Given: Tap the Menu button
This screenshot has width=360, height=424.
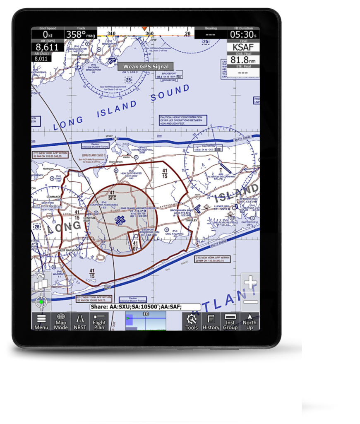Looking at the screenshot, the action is tap(41, 321).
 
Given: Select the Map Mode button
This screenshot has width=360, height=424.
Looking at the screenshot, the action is tap(61, 321).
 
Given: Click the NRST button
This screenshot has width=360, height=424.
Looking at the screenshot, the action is tap(80, 321).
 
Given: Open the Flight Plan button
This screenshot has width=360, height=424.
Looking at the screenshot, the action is tap(99, 321).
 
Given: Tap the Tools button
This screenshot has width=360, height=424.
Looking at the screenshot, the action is tap(192, 321).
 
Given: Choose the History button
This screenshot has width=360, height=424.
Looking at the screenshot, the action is tap(211, 321).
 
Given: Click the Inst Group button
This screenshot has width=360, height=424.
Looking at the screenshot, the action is tap(230, 321).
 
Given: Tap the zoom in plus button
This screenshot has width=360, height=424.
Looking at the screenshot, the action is tap(250, 283).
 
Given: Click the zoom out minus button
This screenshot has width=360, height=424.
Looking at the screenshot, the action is tap(250, 302).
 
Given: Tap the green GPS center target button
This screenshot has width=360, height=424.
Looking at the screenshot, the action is tap(41, 302).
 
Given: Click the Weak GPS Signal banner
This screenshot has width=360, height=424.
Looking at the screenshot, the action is tap(146, 66).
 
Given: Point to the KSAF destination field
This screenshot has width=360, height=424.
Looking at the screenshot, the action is tap(243, 47).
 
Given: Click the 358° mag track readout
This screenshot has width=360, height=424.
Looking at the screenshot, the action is tap(80, 35).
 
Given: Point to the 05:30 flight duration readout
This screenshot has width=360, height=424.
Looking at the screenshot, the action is tap(243, 34).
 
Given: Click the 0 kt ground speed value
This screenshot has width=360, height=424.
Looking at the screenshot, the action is tap(48, 35).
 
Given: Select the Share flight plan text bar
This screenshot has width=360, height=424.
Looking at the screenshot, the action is tap(145, 307).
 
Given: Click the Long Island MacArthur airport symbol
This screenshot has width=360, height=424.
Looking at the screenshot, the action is tap(120, 221).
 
